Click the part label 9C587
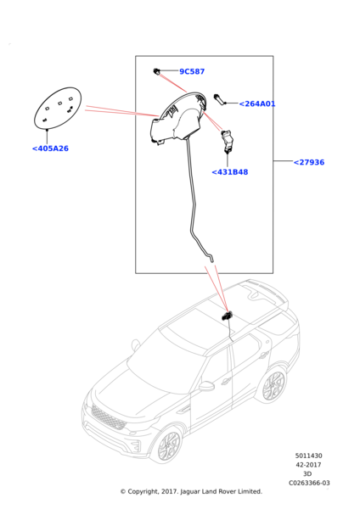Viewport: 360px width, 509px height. [192, 71]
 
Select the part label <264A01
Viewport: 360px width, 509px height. [257, 103]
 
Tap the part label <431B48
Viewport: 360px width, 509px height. [230, 172]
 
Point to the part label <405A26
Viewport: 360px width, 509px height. [50, 148]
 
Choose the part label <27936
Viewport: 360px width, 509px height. [309, 162]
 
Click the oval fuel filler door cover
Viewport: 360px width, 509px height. [58, 108]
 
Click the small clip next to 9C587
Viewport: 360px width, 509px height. [156, 71]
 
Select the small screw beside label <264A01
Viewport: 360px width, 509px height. [218, 99]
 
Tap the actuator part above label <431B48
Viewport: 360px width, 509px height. [227, 140]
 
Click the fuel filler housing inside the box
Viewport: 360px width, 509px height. [178, 119]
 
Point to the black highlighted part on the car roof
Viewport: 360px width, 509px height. [227, 316]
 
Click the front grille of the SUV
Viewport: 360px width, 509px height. [108, 417]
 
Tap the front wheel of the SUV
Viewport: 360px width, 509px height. [169, 445]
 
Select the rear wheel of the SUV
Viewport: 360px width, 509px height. [273, 385]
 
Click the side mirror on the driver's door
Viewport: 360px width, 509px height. [206, 386]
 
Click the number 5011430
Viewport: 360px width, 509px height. [309, 456]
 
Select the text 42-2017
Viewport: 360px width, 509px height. [308, 465]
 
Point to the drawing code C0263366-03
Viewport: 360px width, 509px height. [309, 483]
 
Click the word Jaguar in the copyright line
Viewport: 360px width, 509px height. [190, 492]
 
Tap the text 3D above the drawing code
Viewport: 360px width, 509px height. [307, 474]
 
